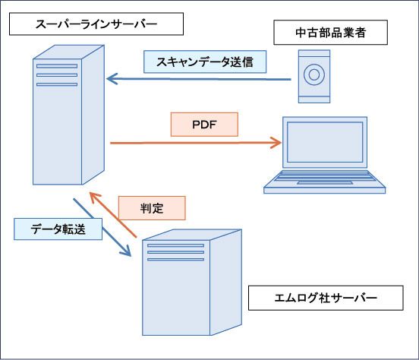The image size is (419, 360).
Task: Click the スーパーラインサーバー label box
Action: pyautogui.click(x=96, y=24)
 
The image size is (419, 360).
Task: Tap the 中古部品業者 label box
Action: pyautogui.click(x=330, y=33)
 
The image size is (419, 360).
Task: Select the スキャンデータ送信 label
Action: pyautogui.click(x=205, y=62)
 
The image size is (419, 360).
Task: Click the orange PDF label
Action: pyautogui.click(x=204, y=125)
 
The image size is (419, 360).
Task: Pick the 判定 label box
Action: pyautogui.click(x=152, y=208)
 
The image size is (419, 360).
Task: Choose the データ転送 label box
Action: pyautogui.click(x=58, y=229)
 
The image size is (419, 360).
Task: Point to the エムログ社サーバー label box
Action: pyautogui.click(x=326, y=298)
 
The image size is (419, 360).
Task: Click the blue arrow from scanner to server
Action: pyautogui.click(x=199, y=79)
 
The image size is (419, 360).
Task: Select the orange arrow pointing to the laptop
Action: pyautogui.click(x=196, y=143)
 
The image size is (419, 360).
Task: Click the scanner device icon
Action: pyautogui.click(x=314, y=77)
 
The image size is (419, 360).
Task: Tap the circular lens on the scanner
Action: pyautogui.click(x=314, y=74)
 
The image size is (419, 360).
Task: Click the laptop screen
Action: pyautogui.click(x=325, y=142)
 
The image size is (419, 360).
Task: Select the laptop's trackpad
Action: pyautogui.click(x=325, y=183)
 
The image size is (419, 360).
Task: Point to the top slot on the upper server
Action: pyautogui.click(x=57, y=66)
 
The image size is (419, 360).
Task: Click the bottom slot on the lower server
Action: pyautogui.click(x=175, y=259)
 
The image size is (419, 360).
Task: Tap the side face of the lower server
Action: pyautogui.click(x=225, y=283)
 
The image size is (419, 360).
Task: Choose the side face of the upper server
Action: pyautogui.click(x=93, y=115)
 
